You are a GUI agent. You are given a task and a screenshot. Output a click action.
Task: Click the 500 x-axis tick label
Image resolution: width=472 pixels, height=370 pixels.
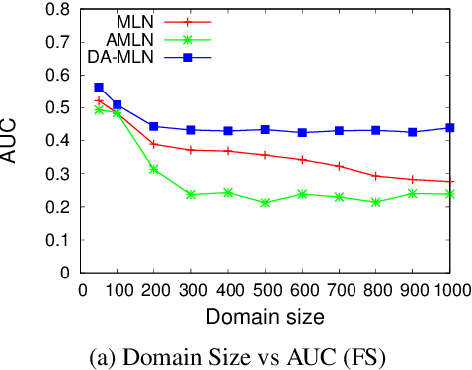click(265, 288)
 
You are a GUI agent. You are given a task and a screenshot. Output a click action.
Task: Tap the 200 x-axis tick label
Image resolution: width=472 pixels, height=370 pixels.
click(153, 288)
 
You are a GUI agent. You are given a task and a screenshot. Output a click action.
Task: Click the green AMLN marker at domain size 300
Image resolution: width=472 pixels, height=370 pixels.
click(191, 194)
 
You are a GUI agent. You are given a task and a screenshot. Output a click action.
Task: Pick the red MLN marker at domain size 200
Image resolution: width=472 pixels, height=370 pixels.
click(153, 144)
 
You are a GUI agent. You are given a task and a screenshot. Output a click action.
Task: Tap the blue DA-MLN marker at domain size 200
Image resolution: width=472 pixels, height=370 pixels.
click(153, 126)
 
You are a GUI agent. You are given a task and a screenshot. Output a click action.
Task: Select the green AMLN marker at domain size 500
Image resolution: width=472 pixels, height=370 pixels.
click(265, 202)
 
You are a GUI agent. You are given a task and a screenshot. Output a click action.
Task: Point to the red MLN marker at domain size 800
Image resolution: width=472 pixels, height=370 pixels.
click(376, 176)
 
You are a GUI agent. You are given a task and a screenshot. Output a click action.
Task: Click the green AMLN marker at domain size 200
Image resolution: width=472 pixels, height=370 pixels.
click(153, 169)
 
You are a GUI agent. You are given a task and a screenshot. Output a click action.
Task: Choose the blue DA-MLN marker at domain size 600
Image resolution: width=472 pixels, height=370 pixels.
click(303, 132)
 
